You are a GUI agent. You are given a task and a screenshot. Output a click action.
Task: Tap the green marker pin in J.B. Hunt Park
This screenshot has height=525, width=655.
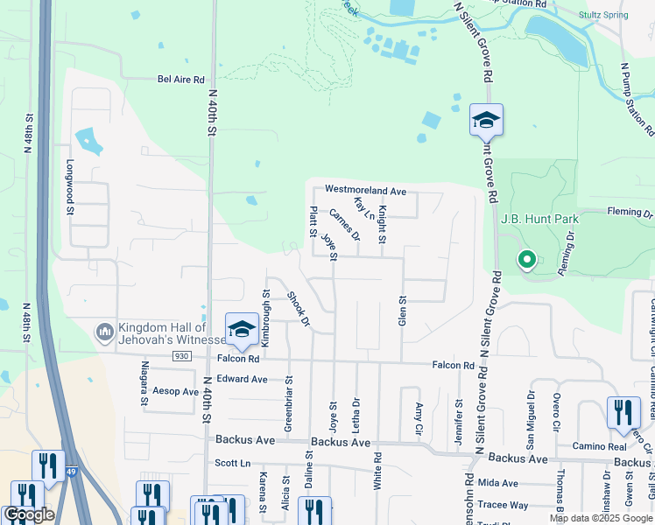pos(526,261)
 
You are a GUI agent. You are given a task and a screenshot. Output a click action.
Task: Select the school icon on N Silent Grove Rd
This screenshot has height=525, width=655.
pos(486,121)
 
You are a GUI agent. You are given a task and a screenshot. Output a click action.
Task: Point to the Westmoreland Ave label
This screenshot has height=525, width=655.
pos(365,190)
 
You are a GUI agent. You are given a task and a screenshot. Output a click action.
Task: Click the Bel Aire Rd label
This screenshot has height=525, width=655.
pos(180,78)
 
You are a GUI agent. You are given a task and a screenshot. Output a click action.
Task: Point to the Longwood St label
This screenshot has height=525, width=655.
pos(70,186)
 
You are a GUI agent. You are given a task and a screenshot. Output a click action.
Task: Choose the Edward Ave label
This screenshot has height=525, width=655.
pos(243,380)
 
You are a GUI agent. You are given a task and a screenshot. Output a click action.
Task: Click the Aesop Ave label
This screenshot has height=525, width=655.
pos(175,391)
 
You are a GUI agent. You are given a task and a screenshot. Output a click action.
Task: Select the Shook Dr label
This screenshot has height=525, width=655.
pos(299,310)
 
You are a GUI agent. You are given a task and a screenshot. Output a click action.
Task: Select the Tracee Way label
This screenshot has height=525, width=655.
pos(502,505)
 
